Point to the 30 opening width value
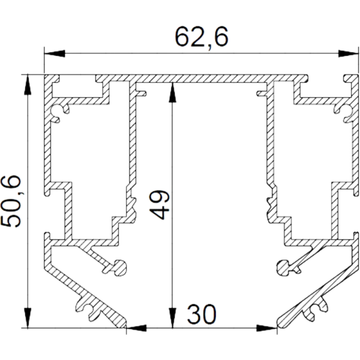click(201, 313)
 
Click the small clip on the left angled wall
click(90, 307)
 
